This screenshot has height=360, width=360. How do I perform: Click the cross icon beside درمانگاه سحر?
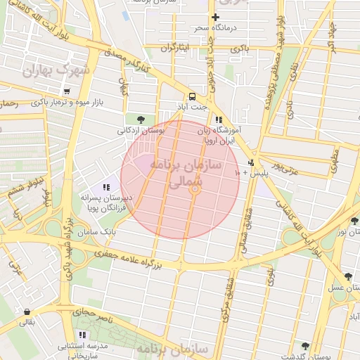click(x=216, y=17)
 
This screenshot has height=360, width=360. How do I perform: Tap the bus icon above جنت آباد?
click(x=191, y=97)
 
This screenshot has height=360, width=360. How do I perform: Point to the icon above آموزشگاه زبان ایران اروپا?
click(x=219, y=120)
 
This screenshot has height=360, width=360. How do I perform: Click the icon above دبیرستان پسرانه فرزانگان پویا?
click(x=106, y=187)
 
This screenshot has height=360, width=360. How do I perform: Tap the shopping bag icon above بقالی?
click(x=27, y=311)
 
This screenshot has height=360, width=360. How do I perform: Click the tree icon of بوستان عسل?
click(x=347, y=277)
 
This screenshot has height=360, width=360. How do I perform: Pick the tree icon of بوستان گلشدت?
click(x=304, y=346)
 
